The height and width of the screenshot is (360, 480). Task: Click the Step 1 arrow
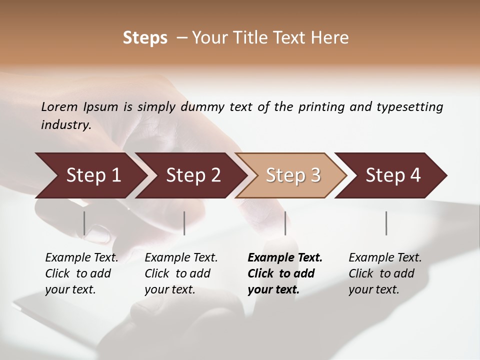[92, 175]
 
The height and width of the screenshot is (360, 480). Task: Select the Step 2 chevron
[192, 175]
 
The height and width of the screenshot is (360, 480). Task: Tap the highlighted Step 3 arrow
[292, 175]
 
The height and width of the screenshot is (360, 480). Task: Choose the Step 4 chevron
[392, 175]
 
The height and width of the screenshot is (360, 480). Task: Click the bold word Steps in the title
[145, 38]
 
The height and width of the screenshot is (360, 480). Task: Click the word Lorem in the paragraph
[59, 107]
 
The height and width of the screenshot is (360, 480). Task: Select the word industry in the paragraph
[65, 125]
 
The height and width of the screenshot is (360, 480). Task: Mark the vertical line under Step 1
[84, 223]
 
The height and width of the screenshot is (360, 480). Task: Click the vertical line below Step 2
[184, 223]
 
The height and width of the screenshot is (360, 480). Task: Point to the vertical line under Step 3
[285, 223]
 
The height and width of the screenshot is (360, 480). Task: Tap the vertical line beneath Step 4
[386, 223]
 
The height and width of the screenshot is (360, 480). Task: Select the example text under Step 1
[81, 273]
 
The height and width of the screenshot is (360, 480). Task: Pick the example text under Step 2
[181, 273]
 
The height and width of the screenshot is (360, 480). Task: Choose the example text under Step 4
[385, 273]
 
